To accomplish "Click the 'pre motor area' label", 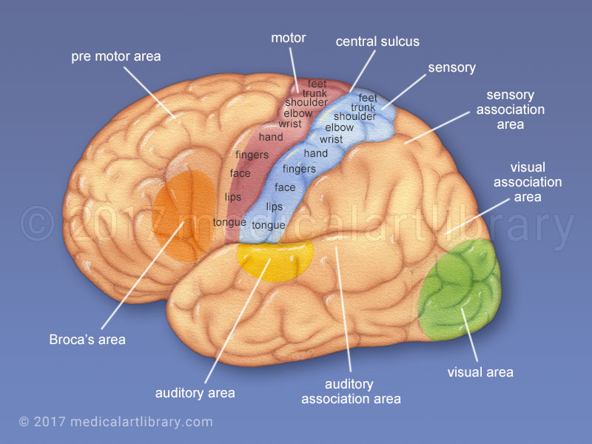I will point(115,56).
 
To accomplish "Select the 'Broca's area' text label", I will point(87,340).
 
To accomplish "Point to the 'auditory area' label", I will point(195,393).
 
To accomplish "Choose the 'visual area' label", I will point(480,372).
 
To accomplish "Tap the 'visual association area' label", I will point(528,183).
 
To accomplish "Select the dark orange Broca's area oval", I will point(181,215).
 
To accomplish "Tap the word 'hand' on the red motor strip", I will point(271,137).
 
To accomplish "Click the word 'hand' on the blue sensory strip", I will point(316,153).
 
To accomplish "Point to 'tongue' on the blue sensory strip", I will point(269,225).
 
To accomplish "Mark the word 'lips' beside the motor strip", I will point(233,197).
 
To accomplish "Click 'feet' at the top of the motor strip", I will point(317,84).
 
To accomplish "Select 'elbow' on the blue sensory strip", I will point(340,127).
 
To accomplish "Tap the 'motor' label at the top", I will point(289,38).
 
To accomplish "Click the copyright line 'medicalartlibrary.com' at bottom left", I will point(115,422).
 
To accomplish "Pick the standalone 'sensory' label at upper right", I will point(451,67).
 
